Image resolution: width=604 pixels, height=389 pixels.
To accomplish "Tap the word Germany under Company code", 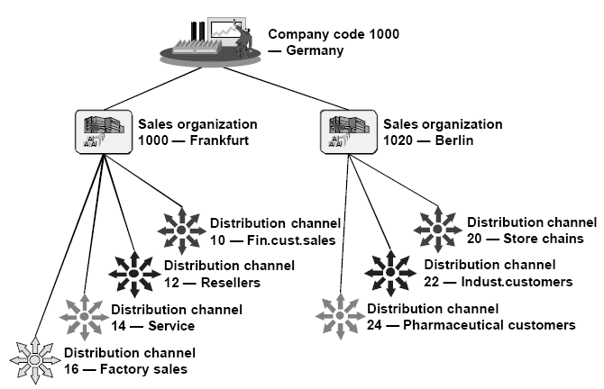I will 315,51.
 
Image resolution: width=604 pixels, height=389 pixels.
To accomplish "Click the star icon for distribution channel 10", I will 180,231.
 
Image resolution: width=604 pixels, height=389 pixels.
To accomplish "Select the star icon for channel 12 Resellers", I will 133,274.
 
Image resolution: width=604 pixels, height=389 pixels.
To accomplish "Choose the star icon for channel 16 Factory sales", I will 34,359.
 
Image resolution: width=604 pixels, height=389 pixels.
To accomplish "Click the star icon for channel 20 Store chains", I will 437,231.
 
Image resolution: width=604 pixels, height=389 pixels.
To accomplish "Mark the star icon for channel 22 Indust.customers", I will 389,273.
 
